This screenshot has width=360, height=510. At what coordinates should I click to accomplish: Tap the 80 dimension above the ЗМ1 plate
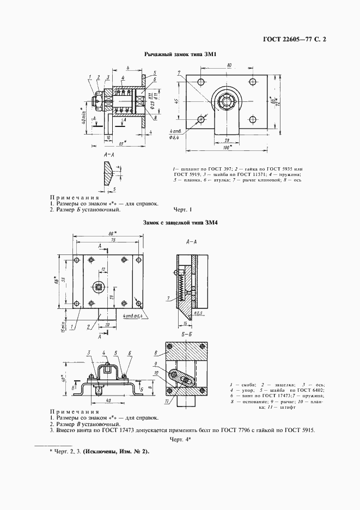tap(229, 65)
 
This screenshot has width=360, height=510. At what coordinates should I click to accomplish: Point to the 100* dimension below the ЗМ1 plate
tap(225, 148)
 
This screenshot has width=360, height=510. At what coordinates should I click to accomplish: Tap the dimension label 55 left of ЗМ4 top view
tap(64, 279)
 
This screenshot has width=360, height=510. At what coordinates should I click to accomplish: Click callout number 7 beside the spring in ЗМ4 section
tap(169, 298)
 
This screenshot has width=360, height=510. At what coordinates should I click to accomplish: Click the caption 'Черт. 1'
tap(180, 209)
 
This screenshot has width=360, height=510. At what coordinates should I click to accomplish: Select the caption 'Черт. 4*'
tap(179, 439)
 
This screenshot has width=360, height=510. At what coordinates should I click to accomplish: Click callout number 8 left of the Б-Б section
tap(155, 353)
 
